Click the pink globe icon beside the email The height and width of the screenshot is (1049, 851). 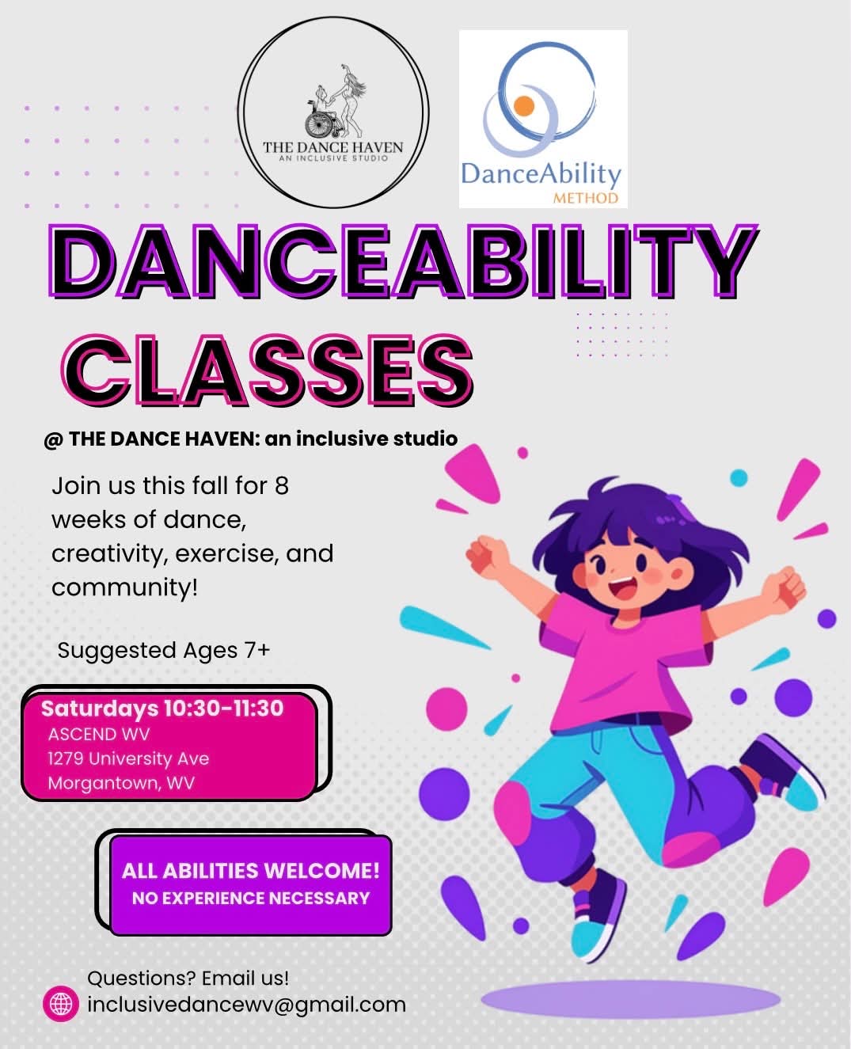(x=61, y=1003)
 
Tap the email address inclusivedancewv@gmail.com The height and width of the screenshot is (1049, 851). (x=247, y=1005)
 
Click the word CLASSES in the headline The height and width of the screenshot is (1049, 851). (x=267, y=371)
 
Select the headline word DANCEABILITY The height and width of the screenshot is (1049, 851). (x=404, y=261)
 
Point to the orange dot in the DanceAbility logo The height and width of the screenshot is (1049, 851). (x=524, y=106)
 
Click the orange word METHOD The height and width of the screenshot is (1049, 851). (x=586, y=198)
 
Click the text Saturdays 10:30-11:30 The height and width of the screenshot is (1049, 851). (x=162, y=709)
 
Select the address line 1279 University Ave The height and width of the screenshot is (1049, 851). (x=128, y=758)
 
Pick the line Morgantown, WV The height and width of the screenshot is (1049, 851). (x=121, y=783)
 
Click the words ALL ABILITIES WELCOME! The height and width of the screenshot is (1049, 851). (x=251, y=871)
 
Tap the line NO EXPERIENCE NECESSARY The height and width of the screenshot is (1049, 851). (x=251, y=899)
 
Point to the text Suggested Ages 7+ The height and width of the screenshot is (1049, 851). (x=164, y=651)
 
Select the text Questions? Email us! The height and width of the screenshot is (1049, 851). (x=188, y=978)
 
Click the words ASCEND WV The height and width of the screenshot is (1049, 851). (x=99, y=735)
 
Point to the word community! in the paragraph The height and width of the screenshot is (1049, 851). (x=124, y=587)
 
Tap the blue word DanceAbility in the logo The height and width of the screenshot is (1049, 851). (x=541, y=174)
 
